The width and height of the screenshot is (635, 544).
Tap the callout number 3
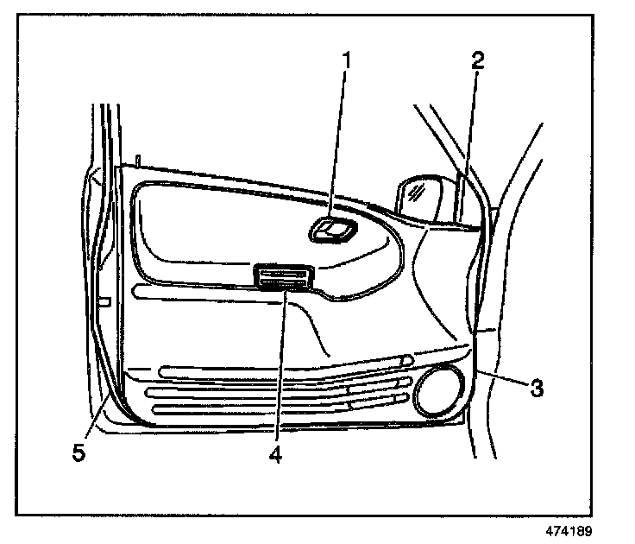(x=536, y=388)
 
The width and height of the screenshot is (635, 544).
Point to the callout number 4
(x=275, y=452)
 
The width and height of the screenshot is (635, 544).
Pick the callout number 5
(x=79, y=452)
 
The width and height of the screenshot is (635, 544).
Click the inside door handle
(x=333, y=231)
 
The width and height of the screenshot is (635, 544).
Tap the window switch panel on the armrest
(x=283, y=276)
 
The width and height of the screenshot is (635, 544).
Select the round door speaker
(x=440, y=390)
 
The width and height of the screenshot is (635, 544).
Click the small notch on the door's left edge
(x=104, y=301)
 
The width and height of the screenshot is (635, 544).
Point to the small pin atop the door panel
(x=136, y=161)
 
